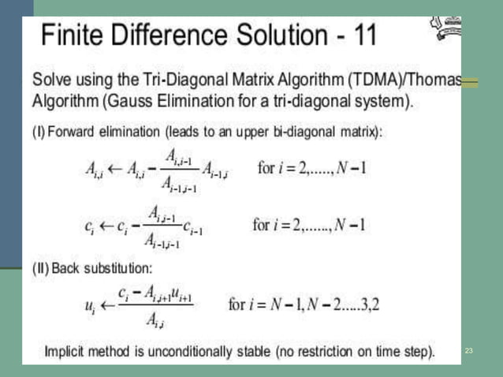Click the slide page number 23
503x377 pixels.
[468, 349]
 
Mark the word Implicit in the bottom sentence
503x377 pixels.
[68, 350]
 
